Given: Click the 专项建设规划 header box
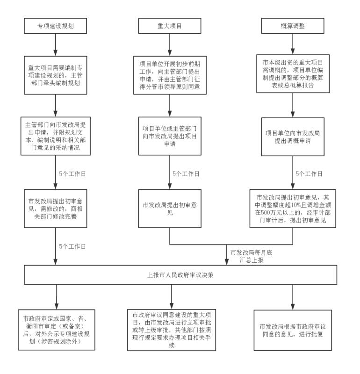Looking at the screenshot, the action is click(55, 26).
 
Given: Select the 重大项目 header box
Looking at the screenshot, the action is click(170, 26).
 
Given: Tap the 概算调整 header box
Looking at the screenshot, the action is click(293, 26).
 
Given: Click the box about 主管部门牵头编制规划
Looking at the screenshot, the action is click(55, 75).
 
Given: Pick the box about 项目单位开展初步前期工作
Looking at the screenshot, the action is click(170, 75).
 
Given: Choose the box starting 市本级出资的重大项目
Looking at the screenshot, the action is click(293, 74).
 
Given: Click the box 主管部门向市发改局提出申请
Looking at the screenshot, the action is click(56, 136).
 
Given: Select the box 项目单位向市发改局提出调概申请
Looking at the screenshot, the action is click(293, 137).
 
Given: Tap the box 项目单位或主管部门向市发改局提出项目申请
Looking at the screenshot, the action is click(170, 136).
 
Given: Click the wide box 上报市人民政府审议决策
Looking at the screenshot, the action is click(180, 274).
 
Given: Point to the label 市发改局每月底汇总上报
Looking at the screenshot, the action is click(251, 256).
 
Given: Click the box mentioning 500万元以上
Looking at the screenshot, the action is click(293, 209).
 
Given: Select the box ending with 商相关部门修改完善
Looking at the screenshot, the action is click(55, 209).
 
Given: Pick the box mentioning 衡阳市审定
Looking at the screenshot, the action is click(57, 330).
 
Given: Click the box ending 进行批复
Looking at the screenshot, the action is click(293, 330).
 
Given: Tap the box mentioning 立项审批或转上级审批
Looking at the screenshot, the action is click(172, 330).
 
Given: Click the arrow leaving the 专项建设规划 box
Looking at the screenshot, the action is click(55, 45).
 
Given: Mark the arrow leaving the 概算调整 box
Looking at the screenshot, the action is click(293, 44).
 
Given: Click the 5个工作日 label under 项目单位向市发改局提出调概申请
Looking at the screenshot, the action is click(309, 173).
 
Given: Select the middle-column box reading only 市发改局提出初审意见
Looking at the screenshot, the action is click(170, 209).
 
